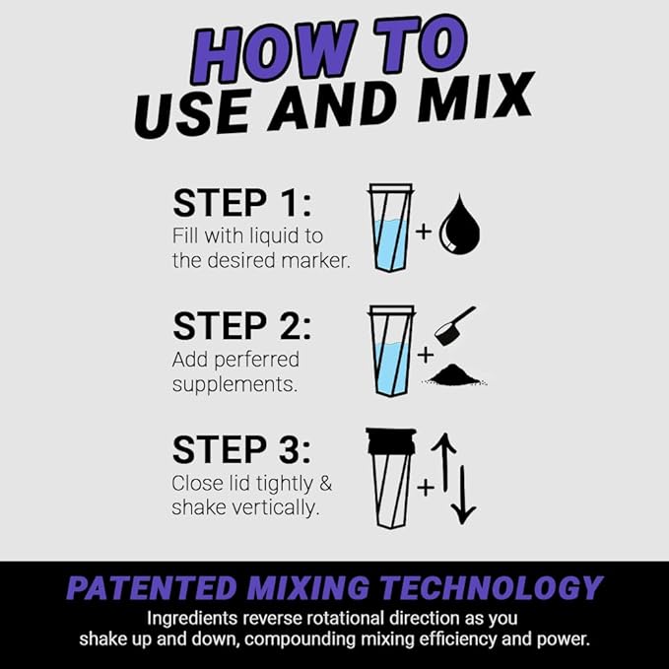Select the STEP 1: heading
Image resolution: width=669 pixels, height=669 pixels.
point(241,203)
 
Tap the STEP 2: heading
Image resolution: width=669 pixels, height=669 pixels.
point(241,325)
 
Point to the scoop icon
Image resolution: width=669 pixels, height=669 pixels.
point(454,324)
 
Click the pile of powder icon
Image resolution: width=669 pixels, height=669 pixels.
point(459,374)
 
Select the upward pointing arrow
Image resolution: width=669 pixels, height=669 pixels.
point(443,463)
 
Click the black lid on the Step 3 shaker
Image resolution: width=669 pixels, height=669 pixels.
point(389,440)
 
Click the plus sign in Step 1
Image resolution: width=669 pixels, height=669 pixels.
point(424,233)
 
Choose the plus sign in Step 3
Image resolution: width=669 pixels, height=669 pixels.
point(426,486)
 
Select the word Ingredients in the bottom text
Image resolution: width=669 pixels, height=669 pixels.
point(193,619)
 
